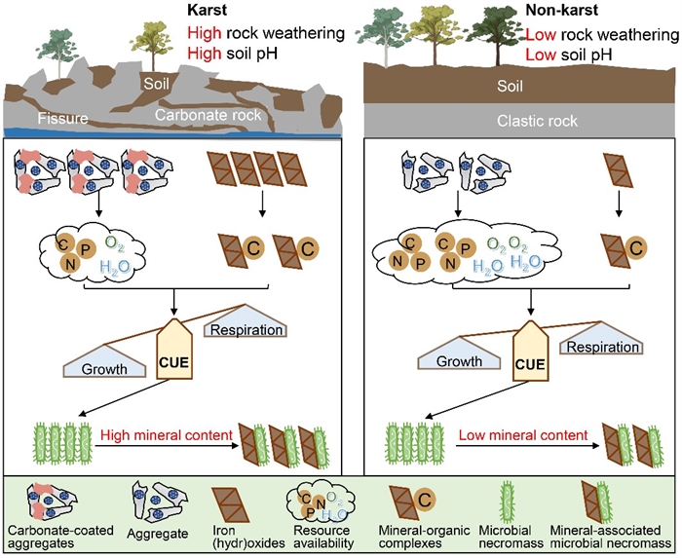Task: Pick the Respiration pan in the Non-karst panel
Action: pos(602,348)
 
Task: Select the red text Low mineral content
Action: pos(524,435)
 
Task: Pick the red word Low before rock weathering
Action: pos(540,34)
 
